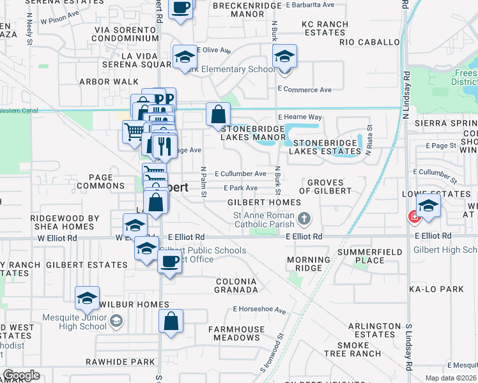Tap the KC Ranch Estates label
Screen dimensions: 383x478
[x=325, y=29]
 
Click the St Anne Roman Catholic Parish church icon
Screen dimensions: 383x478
[x=304, y=219]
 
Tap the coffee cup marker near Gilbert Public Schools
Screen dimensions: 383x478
[x=170, y=262]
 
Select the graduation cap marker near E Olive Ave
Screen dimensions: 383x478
[x=185, y=57]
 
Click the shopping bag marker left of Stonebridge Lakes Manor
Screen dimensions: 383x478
[x=218, y=114]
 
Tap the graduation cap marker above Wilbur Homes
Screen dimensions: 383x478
[x=87, y=298]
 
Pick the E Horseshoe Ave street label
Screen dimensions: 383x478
[x=259, y=310]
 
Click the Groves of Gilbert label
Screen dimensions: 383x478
[x=330, y=186]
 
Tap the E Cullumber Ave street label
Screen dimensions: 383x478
[x=240, y=174]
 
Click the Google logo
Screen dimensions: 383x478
[x=21, y=375]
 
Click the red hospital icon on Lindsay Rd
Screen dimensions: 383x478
[x=413, y=217]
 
